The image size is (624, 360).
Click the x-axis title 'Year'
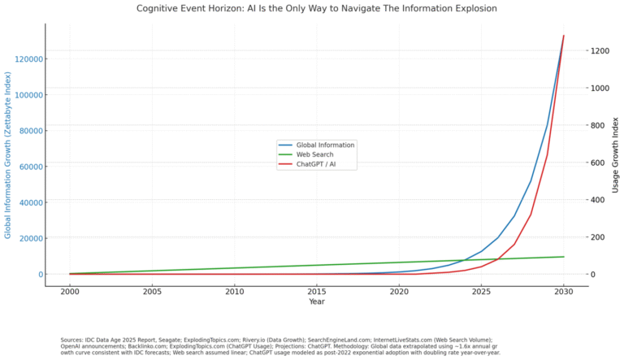pyautogui.click(x=317, y=301)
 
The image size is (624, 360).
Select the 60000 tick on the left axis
pyautogui.click(x=30, y=167)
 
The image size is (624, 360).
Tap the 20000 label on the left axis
pyautogui.click(x=30, y=238)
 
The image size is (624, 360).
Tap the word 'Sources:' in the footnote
pyautogui.click(x=74, y=340)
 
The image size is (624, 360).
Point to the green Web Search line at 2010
pyautogui.click(x=234, y=268)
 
